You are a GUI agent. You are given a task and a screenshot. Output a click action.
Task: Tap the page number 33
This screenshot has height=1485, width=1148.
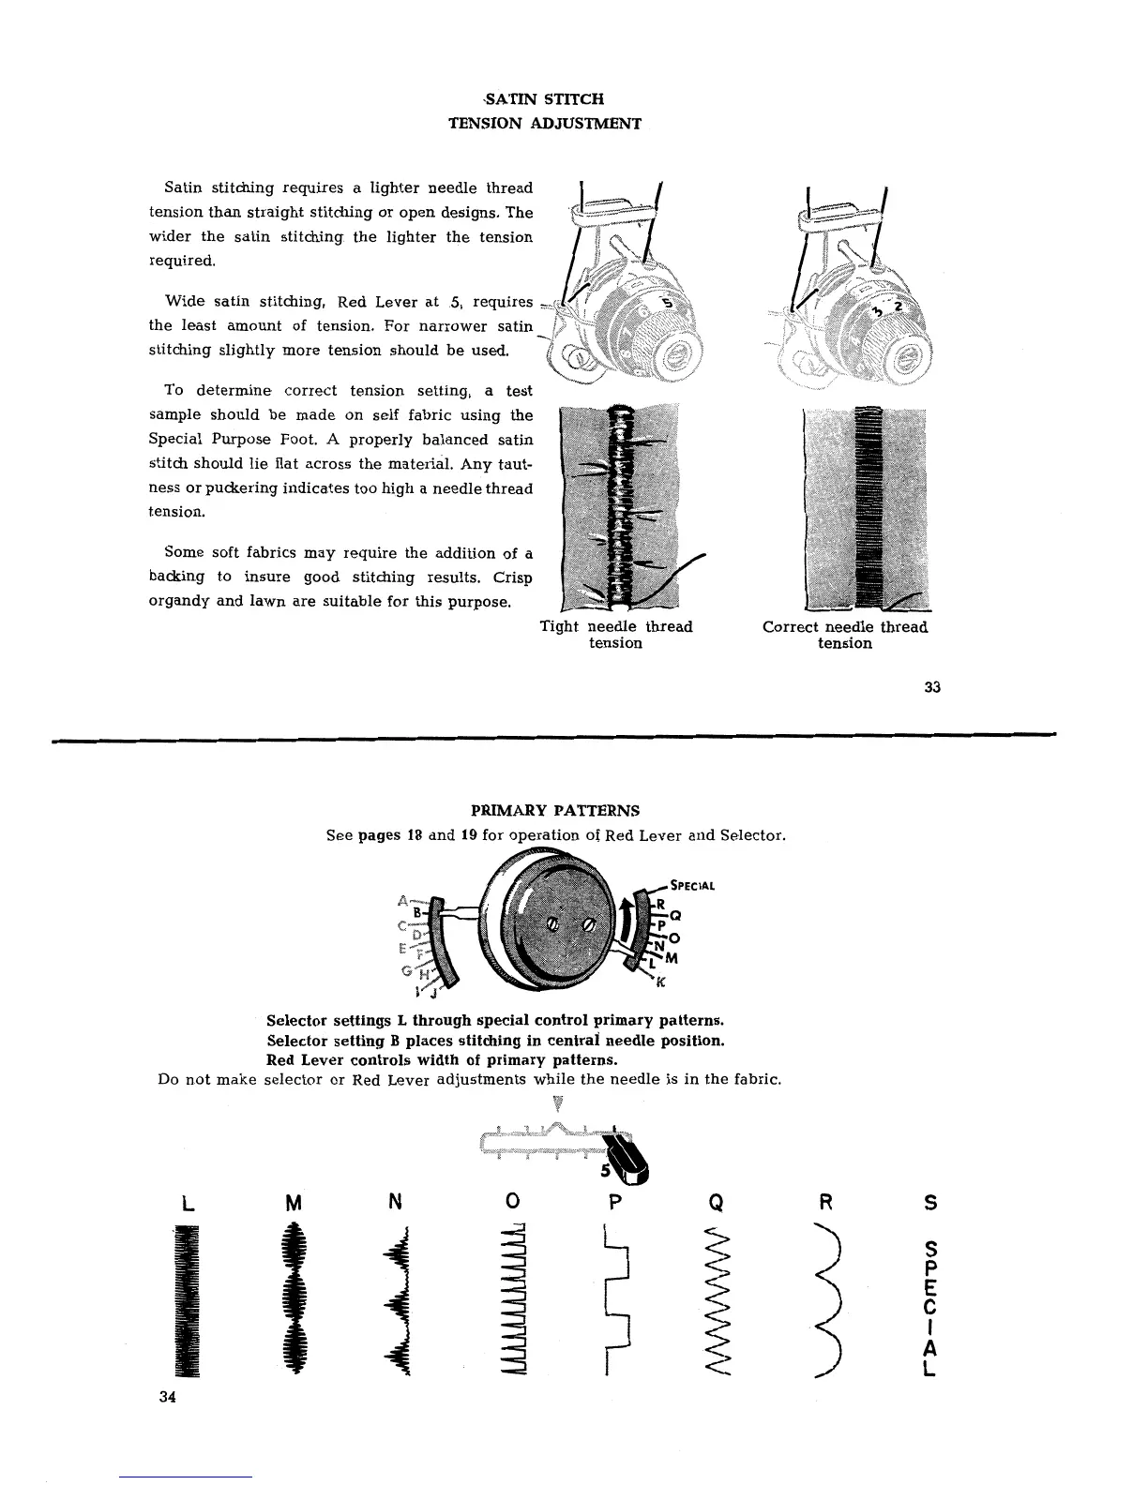pos(931,687)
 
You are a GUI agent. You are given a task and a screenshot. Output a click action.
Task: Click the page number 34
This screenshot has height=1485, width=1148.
pos(168,1397)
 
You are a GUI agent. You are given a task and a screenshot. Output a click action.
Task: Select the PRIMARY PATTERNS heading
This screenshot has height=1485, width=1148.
pos(555,810)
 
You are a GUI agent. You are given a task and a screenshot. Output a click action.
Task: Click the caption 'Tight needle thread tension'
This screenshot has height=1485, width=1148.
pos(615,635)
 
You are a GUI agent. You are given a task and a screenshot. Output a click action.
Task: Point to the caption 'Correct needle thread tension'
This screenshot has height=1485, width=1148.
pos(844,635)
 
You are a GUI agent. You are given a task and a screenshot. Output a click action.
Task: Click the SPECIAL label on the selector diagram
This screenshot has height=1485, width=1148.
pos(694,885)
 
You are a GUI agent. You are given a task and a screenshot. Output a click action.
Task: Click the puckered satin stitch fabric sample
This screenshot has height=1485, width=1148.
pos(616,507)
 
